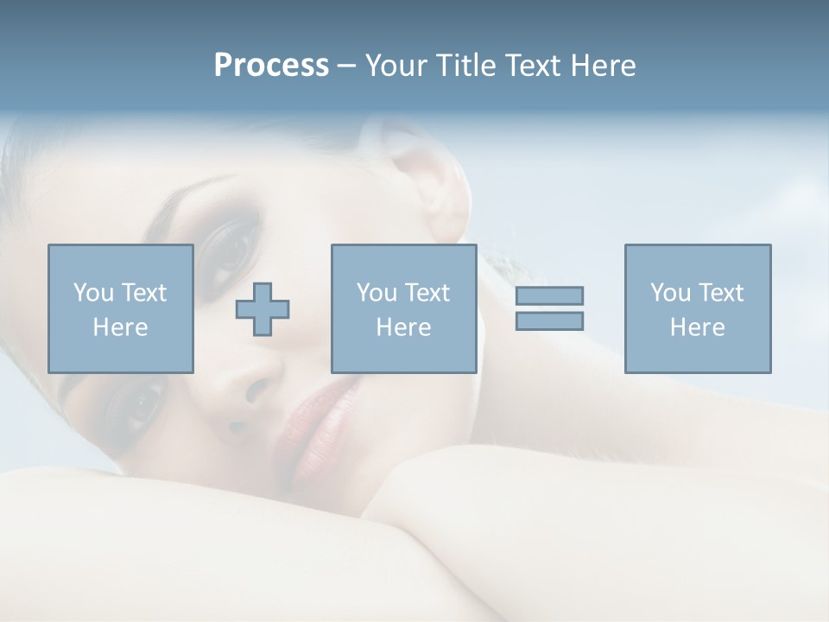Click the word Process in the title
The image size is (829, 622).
point(271,66)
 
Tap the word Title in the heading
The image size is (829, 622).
point(465,66)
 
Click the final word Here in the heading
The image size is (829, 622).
point(603,66)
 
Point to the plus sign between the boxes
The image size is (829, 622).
point(263,309)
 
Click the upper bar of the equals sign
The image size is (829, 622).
point(549,295)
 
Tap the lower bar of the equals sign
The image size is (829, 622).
point(549,321)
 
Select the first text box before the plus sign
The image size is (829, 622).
point(120,308)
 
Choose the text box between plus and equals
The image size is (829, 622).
point(403,308)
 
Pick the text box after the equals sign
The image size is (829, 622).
point(697,308)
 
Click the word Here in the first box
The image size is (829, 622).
point(120,327)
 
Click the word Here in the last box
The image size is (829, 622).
point(697,327)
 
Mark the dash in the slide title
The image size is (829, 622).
point(347,66)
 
